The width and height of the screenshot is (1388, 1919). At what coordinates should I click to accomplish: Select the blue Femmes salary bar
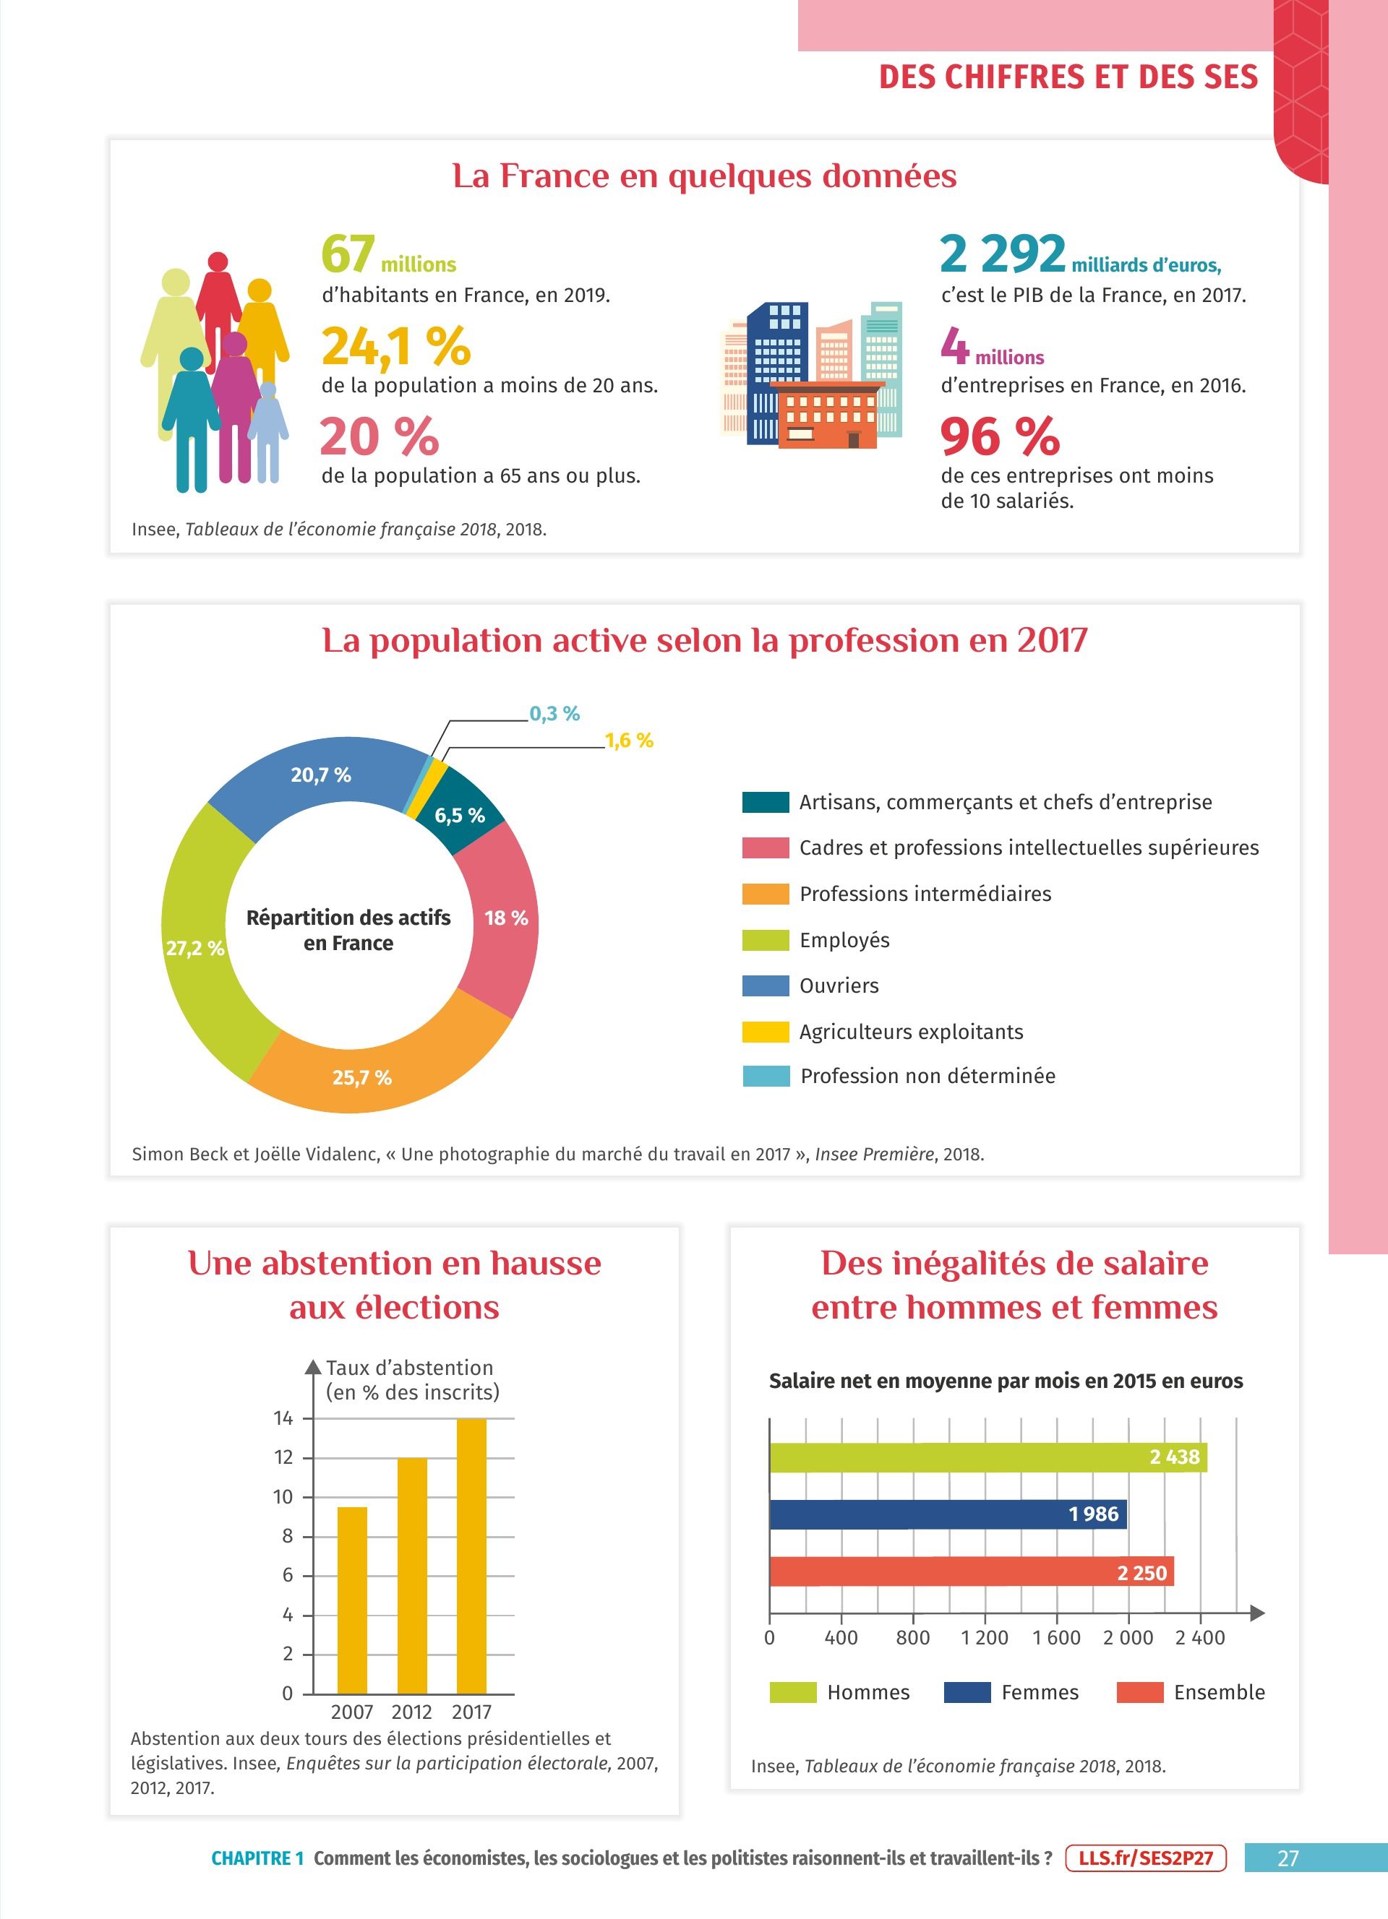[948, 1514]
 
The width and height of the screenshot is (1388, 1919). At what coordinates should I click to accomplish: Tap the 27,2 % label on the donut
[194, 949]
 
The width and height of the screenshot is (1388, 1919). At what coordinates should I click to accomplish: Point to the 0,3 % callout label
[554, 713]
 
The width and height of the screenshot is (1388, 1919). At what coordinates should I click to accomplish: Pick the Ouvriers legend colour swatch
[765, 986]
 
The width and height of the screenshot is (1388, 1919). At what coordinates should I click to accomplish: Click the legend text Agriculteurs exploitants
[911, 1032]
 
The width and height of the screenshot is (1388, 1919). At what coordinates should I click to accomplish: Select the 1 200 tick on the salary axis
[985, 1638]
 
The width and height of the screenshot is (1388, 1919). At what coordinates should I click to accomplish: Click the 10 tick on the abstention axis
[283, 1497]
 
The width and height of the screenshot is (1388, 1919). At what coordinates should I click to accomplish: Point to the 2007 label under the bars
[352, 1712]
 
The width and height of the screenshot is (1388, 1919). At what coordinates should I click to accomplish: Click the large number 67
[348, 254]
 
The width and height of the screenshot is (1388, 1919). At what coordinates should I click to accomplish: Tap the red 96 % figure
[1000, 436]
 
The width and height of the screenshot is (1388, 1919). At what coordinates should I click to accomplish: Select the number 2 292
[1002, 254]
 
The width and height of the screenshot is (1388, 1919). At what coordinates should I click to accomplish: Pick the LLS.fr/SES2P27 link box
[1145, 1858]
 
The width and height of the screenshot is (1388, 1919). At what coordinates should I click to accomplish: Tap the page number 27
[1288, 1858]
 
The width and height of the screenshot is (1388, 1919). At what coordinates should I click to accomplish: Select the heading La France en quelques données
[704, 176]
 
